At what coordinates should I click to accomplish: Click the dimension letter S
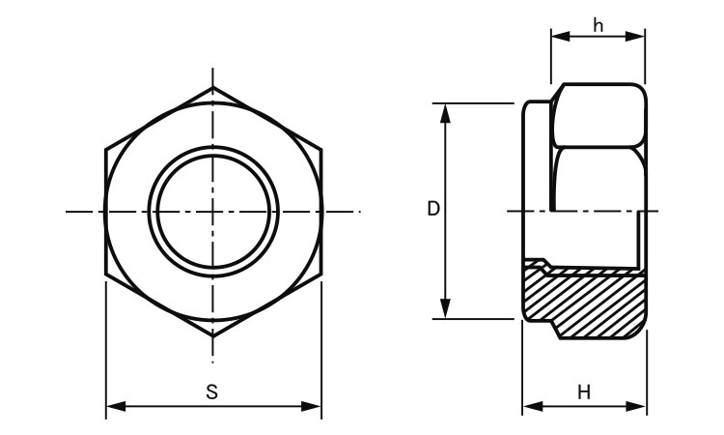tap(212, 391)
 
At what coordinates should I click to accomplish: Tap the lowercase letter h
tap(599, 25)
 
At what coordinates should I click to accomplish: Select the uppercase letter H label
tap(583, 391)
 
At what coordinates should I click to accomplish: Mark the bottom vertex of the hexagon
tap(213, 337)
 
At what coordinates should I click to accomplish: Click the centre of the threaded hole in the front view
tap(213, 212)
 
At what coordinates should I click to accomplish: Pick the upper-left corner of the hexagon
tap(105, 149)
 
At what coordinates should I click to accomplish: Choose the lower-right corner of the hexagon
tap(321, 275)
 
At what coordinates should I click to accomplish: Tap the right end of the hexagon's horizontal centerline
tap(359, 212)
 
